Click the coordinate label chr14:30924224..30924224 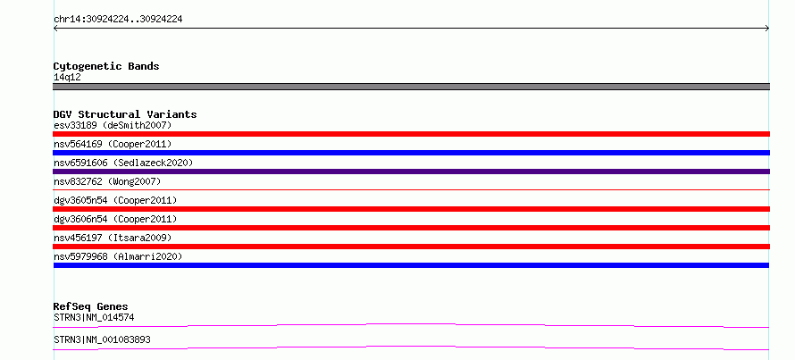tap(118, 20)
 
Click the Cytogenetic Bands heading tap(106, 66)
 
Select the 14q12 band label tap(67, 78)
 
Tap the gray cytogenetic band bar tap(411, 87)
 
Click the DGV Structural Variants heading tap(125, 114)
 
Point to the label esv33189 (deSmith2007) tap(113, 125)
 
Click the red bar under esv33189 tap(411, 134)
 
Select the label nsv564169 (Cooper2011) tap(113, 145)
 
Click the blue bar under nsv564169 tap(411, 153)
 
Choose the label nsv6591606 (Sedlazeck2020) tap(123, 163)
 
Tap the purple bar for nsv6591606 tap(411, 172)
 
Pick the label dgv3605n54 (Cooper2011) tap(115, 200)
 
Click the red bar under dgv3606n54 tap(411, 228)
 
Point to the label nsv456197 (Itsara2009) tap(113, 238)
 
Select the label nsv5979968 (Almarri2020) tap(118, 256)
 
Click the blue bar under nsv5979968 tap(411, 265)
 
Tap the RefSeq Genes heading tap(91, 306)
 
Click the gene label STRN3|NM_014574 tap(94, 318)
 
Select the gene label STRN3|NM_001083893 tap(102, 339)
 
